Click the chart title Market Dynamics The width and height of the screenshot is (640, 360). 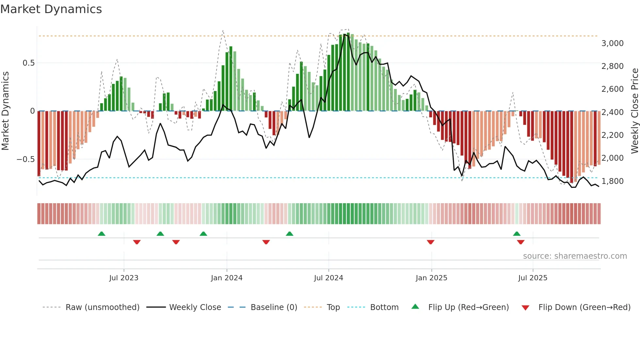51,9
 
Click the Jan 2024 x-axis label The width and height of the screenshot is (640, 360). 227,278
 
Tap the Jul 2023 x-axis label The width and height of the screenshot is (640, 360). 124,278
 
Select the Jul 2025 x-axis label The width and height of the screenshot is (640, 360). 533,278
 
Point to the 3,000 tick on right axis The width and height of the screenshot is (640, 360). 612,43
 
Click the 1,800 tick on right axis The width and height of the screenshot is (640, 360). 612,181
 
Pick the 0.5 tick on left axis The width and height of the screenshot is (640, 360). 28,63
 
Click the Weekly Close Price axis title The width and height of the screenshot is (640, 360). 634,111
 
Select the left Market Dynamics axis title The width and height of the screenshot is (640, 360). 5,111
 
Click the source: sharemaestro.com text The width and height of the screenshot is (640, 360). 575,256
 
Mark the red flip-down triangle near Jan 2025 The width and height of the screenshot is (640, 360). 430,242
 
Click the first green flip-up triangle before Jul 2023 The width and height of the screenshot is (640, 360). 102,234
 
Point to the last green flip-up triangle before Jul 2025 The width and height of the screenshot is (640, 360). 517,234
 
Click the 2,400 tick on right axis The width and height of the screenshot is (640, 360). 612,112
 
